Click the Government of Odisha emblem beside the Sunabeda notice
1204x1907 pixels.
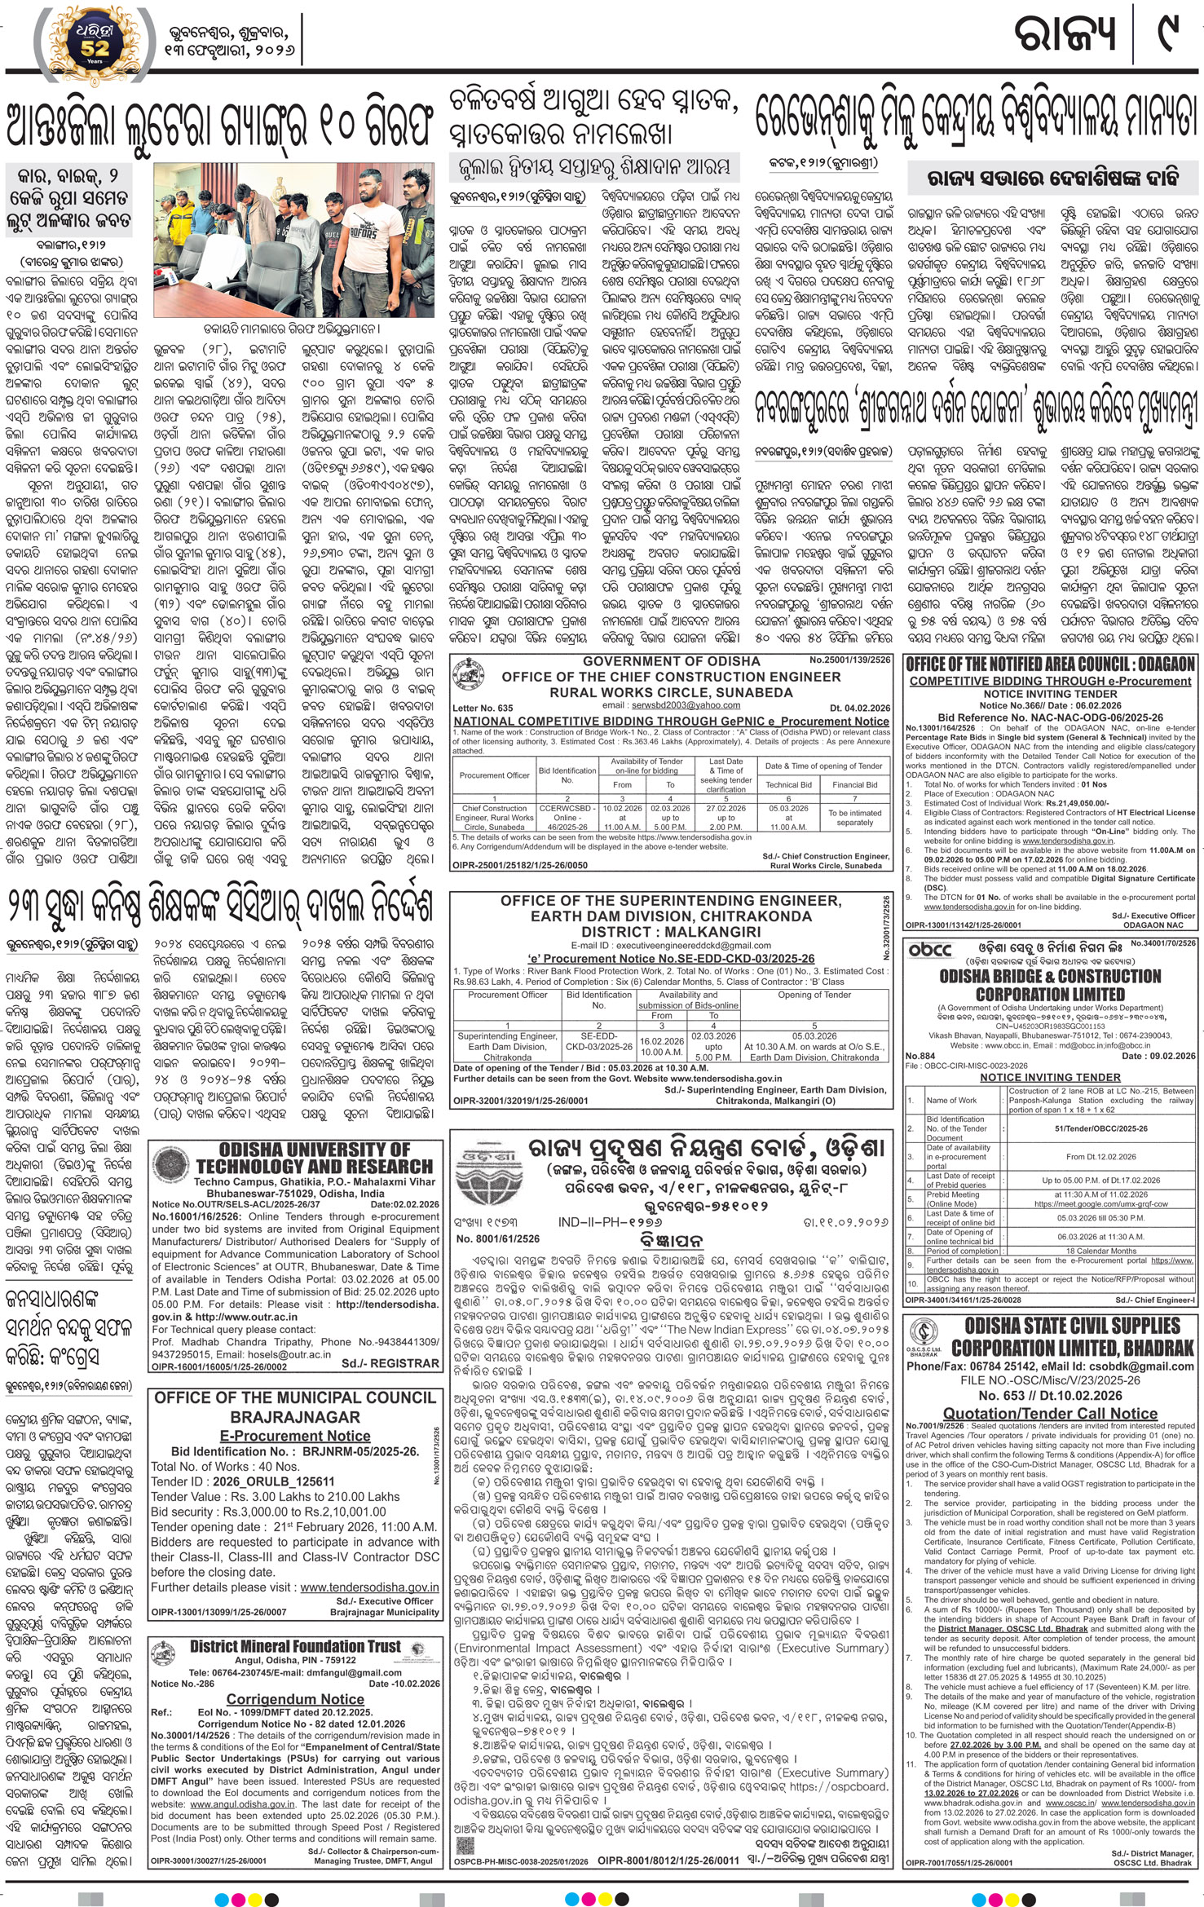[x=466, y=669]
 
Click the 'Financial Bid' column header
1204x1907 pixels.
[x=854, y=784]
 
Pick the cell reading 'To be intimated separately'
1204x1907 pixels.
[x=854, y=818]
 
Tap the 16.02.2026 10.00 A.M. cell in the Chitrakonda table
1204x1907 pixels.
[x=662, y=1044]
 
